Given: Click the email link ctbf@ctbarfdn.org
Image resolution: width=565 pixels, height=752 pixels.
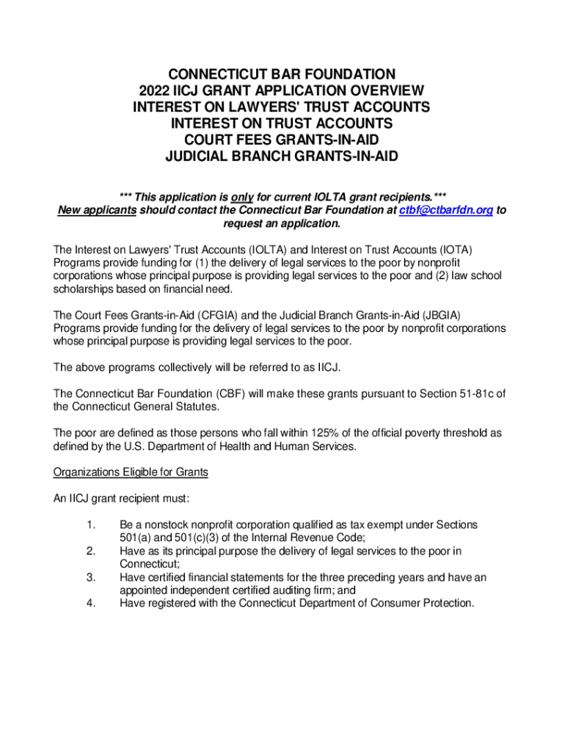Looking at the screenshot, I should pos(446,210).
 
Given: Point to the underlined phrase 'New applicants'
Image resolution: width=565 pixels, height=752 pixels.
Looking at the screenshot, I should pos(97,210).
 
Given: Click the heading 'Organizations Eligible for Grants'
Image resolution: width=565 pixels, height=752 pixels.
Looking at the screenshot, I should pos(131,472).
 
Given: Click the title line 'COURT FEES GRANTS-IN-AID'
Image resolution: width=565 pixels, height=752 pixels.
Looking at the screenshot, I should pos(282,139).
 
